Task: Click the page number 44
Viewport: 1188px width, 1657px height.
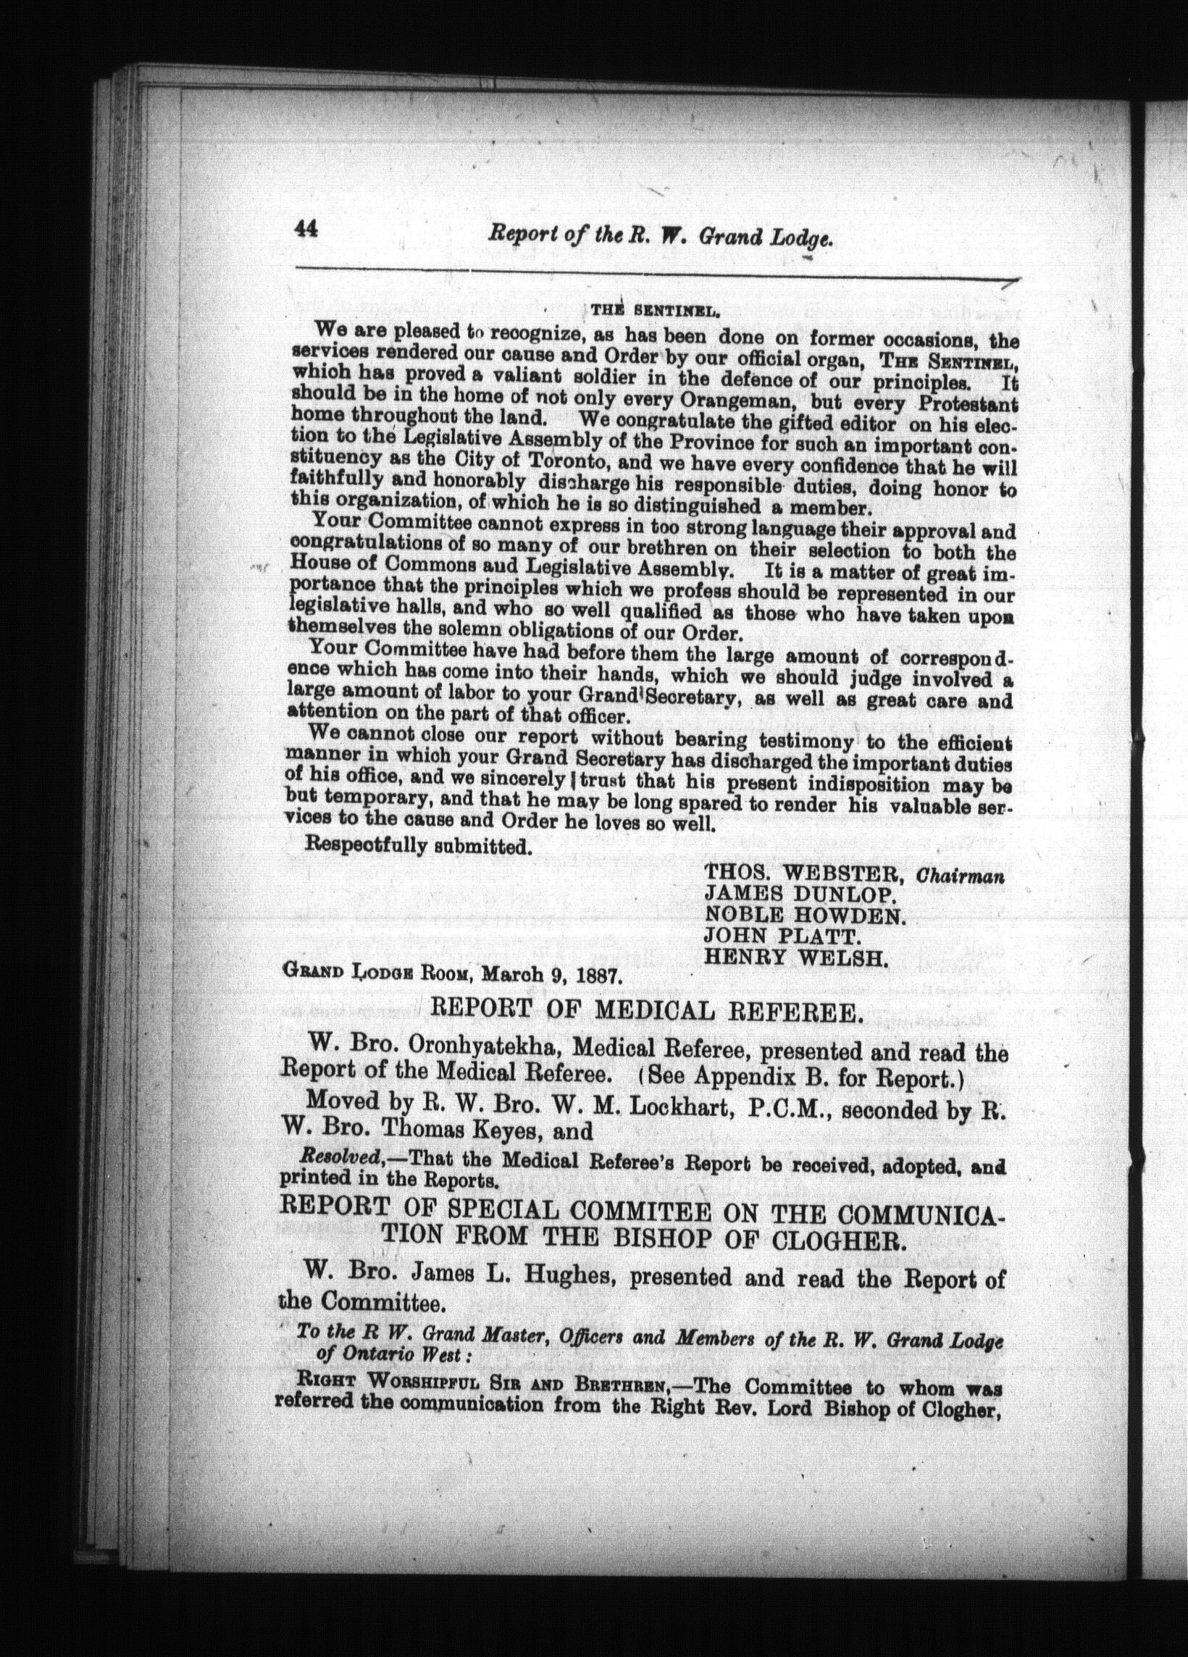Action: click(x=304, y=230)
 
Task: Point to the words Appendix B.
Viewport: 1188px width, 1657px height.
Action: click(x=762, y=1075)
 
